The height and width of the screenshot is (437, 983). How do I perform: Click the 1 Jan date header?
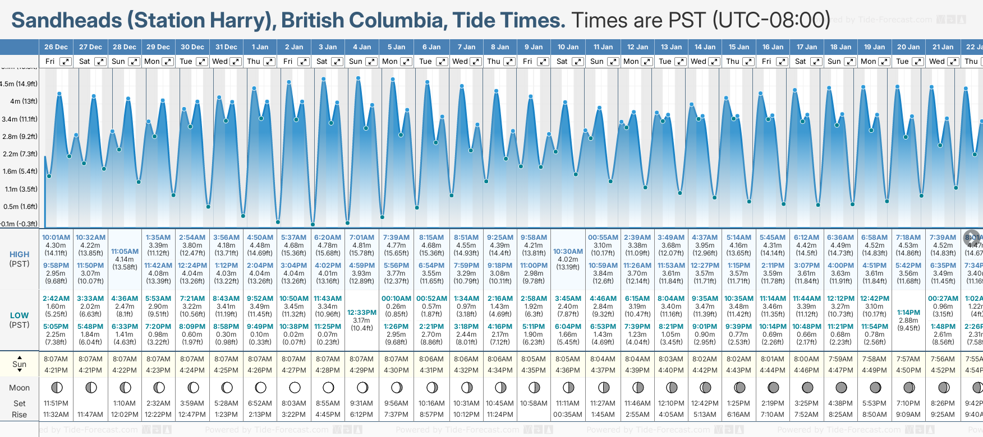point(260,47)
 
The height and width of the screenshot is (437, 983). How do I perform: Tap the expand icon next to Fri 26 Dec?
point(66,62)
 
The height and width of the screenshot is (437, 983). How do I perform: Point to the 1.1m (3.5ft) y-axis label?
point(21,189)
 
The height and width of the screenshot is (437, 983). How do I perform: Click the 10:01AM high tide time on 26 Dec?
point(56,238)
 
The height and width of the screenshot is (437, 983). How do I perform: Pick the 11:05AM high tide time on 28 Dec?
point(125,252)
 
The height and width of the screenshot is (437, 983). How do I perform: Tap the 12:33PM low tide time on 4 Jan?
point(362,313)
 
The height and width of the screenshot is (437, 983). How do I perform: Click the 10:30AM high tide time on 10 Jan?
point(568,252)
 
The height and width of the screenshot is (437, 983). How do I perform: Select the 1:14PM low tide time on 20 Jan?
point(908,313)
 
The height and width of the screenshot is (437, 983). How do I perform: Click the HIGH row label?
point(19,254)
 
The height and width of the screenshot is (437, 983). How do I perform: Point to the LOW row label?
point(19,315)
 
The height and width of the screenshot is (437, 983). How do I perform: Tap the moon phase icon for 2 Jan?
point(295,387)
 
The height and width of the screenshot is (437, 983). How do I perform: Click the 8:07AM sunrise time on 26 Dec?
point(56,359)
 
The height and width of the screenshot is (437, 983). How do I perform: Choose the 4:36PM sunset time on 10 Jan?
point(568,370)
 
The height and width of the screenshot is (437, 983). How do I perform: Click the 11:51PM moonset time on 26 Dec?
point(56,403)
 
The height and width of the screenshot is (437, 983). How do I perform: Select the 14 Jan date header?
point(705,47)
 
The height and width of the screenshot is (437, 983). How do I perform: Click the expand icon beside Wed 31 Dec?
point(236,62)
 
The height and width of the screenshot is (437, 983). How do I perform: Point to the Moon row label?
point(19,388)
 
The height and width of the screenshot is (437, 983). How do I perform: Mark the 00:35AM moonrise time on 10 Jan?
point(568,415)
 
